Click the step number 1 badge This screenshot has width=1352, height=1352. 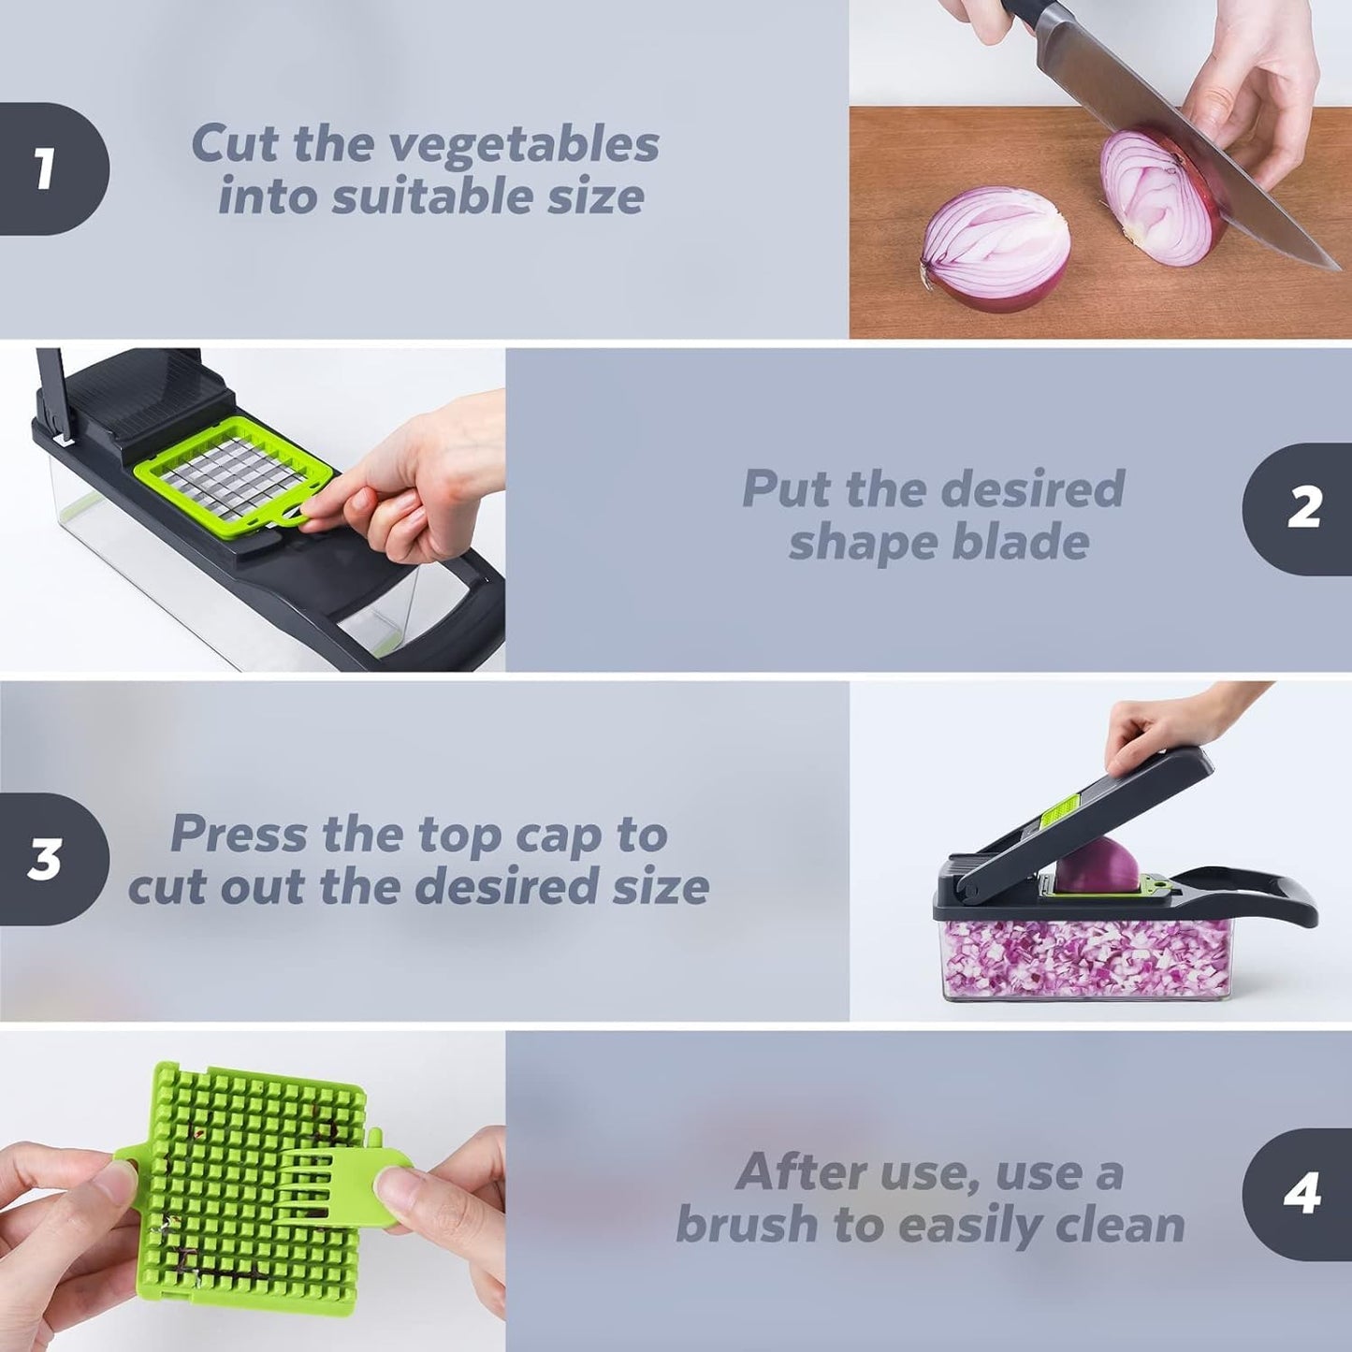coord(47,169)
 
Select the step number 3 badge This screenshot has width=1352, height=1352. coord(47,859)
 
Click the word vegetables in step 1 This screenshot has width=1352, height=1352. coord(524,145)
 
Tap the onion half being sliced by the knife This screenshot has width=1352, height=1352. coord(1160,196)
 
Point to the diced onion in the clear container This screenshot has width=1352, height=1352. coord(1085,959)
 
